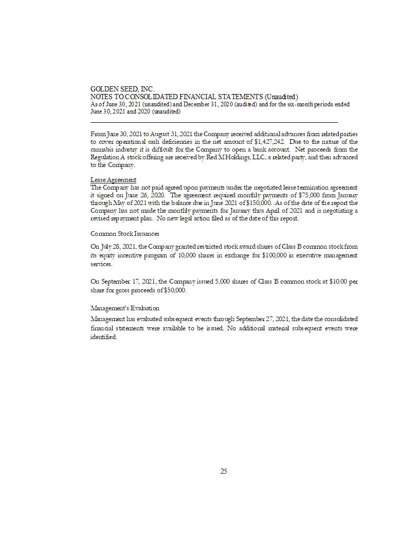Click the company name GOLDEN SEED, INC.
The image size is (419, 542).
click(122, 89)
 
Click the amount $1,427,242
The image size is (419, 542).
click(269, 142)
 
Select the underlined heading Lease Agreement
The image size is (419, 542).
click(113, 180)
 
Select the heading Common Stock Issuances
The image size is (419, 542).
click(125, 234)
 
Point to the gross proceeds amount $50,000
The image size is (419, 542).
click(174, 290)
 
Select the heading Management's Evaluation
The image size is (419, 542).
click(125, 308)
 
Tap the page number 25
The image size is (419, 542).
click(224, 471)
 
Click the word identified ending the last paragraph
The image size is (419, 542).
click(103, 337)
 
